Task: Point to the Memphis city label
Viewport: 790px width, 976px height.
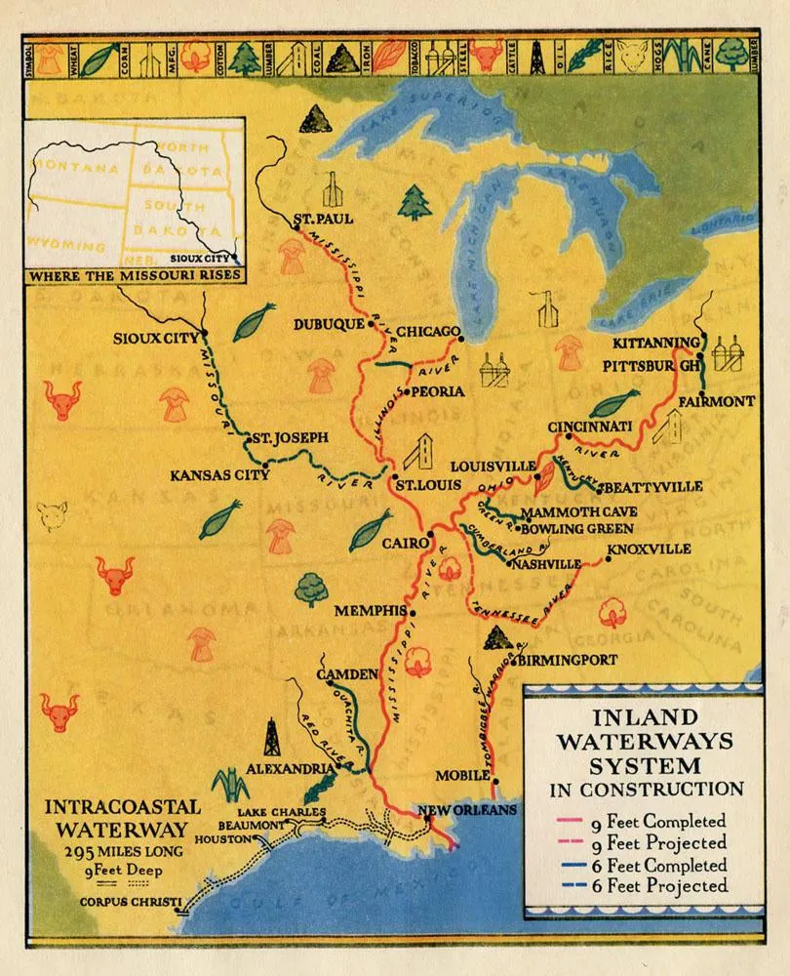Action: point(370,611)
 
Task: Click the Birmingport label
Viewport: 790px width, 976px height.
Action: point(569,660)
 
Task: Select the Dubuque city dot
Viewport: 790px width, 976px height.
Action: point(371,326)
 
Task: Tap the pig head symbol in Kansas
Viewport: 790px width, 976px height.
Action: point(51,511)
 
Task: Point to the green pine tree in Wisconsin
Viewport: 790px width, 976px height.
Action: point(415,202)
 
